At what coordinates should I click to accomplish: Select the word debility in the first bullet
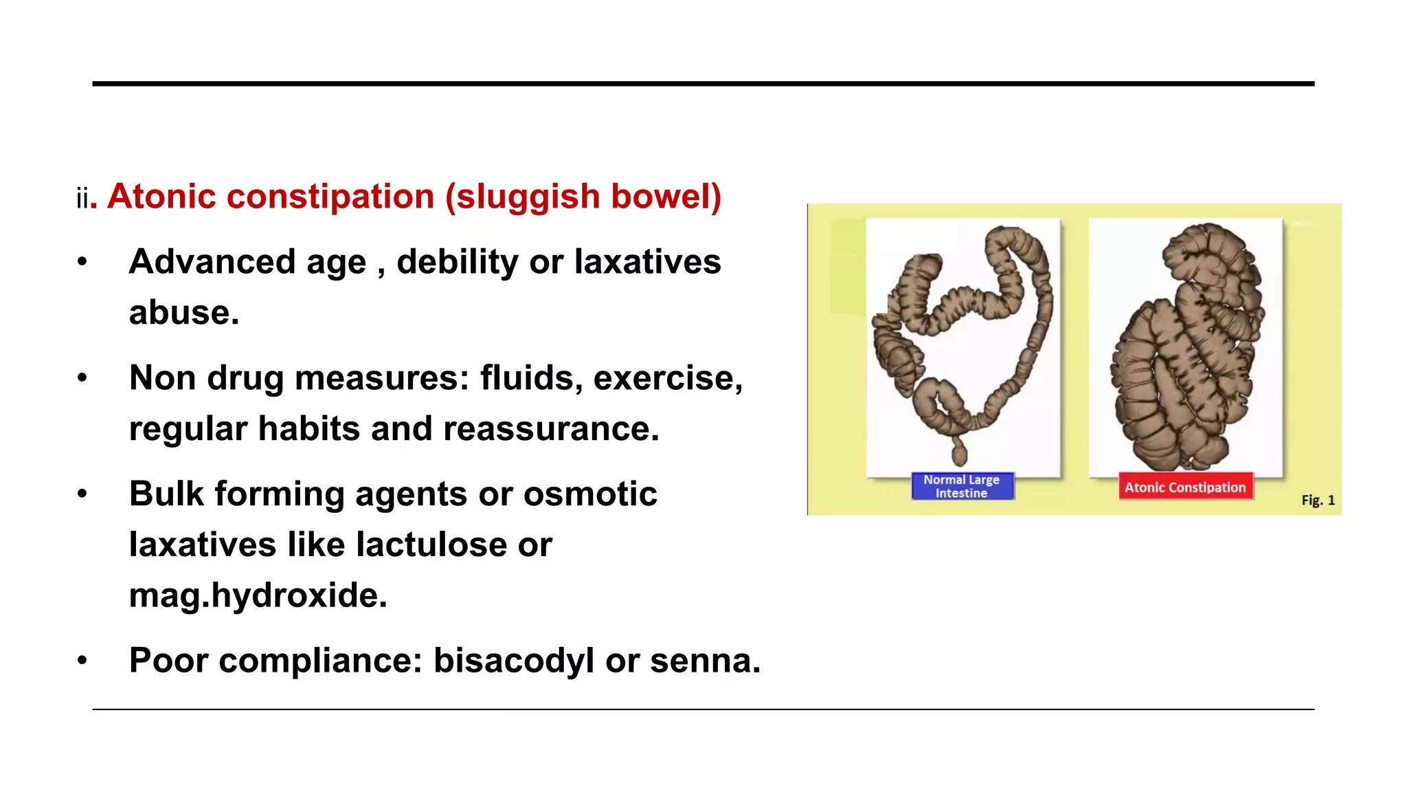point(457,262)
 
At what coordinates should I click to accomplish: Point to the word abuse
point(183,313)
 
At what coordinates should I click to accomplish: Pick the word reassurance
point(551,429)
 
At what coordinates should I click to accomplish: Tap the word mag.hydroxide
point(258,595)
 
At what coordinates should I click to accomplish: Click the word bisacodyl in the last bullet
point(513,661)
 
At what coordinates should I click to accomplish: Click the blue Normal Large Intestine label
point(962,486)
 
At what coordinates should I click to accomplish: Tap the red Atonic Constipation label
point(1185,487)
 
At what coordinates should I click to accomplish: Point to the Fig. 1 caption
point(1318,500)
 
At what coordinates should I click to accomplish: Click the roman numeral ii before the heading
point(82,199)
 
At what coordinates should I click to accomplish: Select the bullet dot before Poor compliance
point(82,661)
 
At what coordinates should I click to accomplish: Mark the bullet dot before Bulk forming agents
point(82,494)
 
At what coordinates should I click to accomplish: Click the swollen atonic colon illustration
point(1186,347)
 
